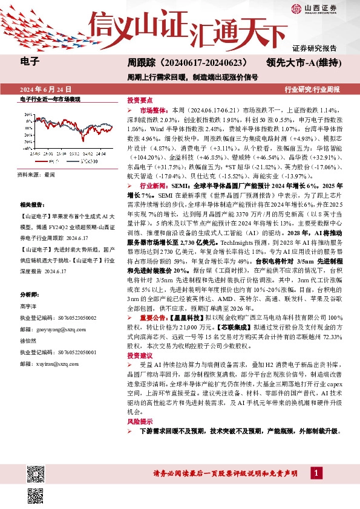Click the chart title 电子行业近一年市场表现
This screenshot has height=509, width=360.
(50, 99)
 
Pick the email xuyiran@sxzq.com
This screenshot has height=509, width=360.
(48, 365)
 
